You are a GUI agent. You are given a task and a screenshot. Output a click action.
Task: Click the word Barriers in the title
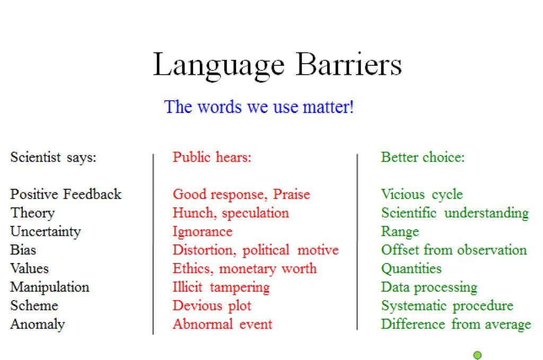(349, 64)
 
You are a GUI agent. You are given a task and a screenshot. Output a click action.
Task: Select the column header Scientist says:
(54, 157)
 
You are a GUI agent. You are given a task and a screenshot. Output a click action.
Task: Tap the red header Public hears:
(212, 157)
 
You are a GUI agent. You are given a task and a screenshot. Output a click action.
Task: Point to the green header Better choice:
(423, 157)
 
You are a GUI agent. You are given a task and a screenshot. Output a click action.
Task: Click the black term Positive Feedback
(66, 194)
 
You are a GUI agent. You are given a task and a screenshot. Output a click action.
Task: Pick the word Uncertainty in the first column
(46, 232)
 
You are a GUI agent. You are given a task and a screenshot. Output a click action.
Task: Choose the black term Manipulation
(50, 287)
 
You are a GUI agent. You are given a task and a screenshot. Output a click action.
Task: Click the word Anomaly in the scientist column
(38, 324)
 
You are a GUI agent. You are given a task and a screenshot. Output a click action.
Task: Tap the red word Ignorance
(203, 232)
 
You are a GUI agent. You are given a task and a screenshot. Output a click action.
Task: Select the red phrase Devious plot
(212, 306)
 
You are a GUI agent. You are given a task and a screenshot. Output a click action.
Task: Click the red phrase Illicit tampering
(221, 287)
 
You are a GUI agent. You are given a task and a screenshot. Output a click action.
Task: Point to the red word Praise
(291, 194)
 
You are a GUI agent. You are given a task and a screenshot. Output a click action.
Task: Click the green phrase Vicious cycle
(422, 195)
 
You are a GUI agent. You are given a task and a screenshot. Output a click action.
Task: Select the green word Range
(400, 232)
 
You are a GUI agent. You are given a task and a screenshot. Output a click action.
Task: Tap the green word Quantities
(411, 269)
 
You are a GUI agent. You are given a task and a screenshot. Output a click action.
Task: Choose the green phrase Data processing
(429, 287)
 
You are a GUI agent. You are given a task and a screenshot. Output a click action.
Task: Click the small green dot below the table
(477, 355)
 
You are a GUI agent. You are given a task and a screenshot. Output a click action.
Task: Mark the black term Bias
(23, 250)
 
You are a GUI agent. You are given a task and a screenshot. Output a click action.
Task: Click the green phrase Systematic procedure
(447, 306)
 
